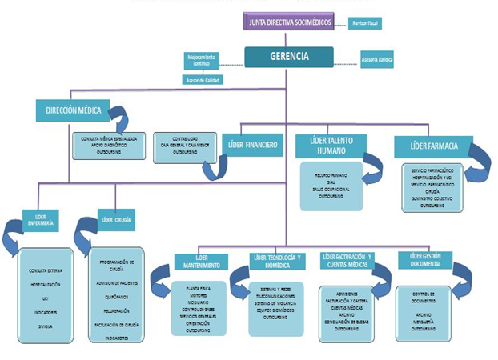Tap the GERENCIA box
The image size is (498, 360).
tap(288, 56)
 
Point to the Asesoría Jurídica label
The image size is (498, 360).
tap(379, 60)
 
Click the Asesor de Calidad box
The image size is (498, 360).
tap(202, 80)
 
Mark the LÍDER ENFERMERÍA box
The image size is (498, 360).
tap(38, 220)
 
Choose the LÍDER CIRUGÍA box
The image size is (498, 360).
tap(117, 218)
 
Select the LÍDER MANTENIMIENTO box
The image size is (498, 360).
tap(202, 262)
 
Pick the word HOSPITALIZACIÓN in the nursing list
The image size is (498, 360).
tap(46, 284)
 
